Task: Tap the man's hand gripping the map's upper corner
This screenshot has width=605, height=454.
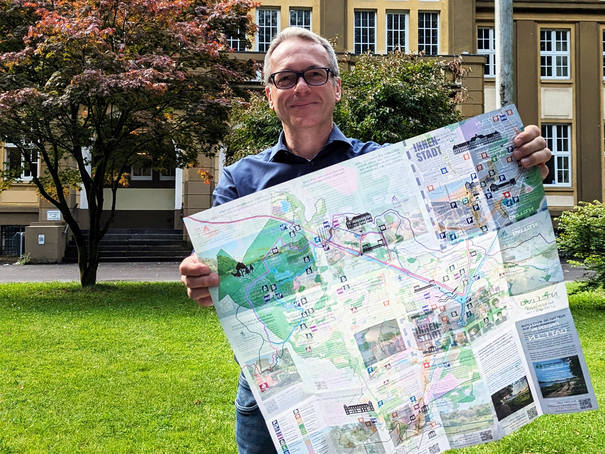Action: (533, 149)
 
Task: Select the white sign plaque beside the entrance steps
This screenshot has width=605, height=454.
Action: (54, 215)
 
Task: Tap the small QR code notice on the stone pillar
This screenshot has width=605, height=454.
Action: (41, 239)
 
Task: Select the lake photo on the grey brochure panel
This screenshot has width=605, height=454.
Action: (560, 376)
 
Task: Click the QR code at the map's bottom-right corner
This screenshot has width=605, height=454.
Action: (585, 403)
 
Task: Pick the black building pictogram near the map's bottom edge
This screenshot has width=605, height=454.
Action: (359, 408)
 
